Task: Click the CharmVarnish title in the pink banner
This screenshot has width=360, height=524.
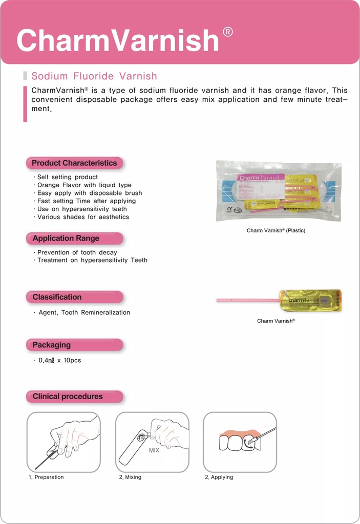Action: pos(118,40)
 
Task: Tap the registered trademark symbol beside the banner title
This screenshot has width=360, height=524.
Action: pos(228,32)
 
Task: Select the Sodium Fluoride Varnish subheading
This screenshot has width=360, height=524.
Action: pos(94,76)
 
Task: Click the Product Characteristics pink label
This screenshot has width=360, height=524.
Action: pos(74,163)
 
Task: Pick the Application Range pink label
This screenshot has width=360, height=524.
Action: pos(66,238)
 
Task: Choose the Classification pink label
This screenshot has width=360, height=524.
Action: pos(57,297)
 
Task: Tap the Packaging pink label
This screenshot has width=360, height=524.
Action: pos(52,345)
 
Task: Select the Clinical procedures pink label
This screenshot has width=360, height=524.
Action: pos(68,397)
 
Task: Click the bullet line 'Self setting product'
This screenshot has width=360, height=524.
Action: pos(67,177)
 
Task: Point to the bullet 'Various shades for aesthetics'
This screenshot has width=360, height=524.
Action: pos(83,217)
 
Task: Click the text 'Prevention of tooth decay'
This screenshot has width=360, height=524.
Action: pos(77,252)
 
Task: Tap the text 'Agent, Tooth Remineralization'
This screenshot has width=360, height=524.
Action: pos(84,312)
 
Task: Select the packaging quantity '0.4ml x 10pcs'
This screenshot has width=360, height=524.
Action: pos(59,360)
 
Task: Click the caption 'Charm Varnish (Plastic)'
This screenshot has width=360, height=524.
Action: pos(276,231)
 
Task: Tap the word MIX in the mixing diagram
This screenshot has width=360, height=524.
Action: pos(154,451)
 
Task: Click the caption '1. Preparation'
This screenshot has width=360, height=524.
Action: pos(46,477)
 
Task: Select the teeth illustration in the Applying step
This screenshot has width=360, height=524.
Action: pos(240,442)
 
